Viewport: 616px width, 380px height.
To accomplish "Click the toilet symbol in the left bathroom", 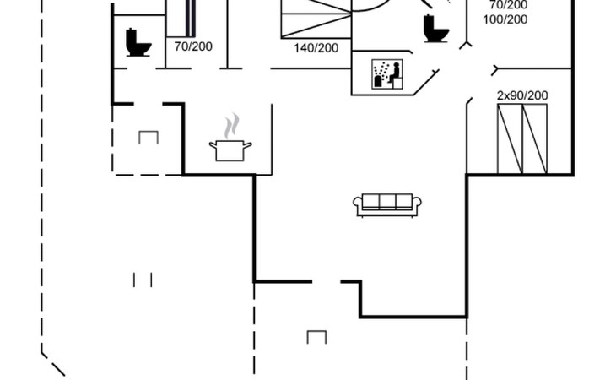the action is [x=138, y=42].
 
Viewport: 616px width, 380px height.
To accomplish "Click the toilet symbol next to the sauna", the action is [x=436, y=28].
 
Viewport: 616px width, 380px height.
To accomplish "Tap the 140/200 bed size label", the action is [x=316, y=48].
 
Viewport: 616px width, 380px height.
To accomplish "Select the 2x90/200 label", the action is [x=522, y=95].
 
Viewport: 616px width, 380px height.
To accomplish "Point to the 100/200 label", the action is [x=505, y=19].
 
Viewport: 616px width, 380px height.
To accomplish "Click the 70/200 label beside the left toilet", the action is [x=193, y=46].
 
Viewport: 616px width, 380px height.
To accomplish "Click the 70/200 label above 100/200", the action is [x=508, y=5].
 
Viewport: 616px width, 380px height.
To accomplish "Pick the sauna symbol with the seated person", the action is [x=387, y=73].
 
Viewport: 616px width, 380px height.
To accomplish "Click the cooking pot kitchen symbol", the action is [x=230, y=150].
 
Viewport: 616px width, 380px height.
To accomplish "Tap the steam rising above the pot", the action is [x=231, y=126].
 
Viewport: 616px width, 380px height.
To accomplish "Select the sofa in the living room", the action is [x=387, y=205].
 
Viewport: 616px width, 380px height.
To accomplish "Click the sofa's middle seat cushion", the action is [x=387, y=202].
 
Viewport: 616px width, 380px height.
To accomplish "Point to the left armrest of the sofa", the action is [x=358, y=204].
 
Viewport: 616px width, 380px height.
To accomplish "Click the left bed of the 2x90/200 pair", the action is [x=510, y=138].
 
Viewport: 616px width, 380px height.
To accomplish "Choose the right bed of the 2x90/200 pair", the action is [x=535, y=138].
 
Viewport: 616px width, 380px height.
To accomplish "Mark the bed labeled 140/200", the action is [x=316, y=19].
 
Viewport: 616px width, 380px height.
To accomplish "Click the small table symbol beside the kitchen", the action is [x=149, y=137].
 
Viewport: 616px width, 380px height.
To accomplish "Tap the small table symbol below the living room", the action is [x=316, y=337].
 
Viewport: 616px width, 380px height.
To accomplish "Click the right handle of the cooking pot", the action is [x=247, y=145].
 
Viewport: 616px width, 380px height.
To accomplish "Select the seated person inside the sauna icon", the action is [x=395, y=72].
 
